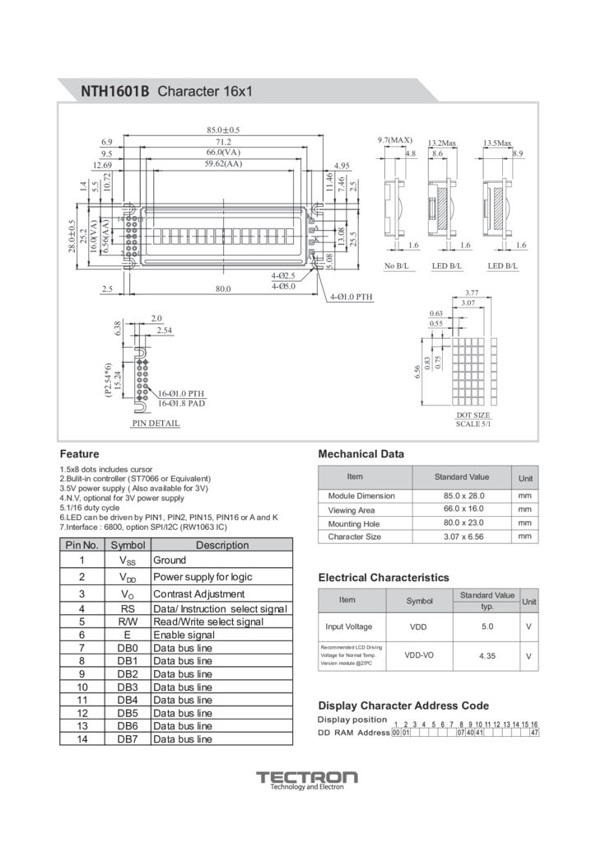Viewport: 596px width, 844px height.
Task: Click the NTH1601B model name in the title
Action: click(114, 90)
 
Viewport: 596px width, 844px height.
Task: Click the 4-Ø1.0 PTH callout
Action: click(352, 297)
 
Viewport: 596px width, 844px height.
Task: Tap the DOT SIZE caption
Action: click(473, 415)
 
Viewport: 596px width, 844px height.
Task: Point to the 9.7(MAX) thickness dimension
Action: click(394, 140)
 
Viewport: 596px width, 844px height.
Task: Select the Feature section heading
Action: click(80, 454)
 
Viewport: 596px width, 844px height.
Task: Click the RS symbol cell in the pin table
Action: click(127, 608)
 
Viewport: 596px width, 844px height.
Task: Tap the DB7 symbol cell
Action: click(127, 739)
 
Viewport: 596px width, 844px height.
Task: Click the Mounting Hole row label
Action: click(354, 523)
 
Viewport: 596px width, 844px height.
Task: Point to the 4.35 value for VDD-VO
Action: click(486, 656)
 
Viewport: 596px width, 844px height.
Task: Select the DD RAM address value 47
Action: click(534, 733)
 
